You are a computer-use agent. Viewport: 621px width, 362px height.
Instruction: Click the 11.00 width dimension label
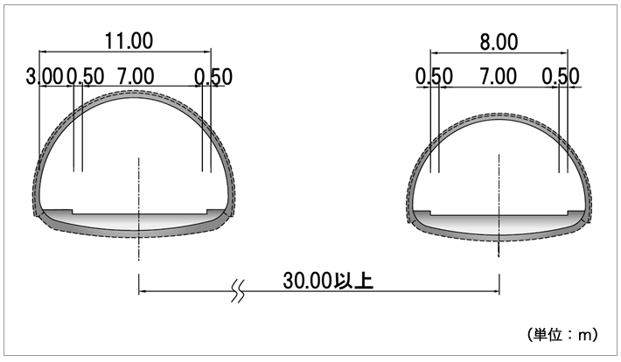click(129, 41)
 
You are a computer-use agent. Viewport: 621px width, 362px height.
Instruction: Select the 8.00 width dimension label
click(499, 42)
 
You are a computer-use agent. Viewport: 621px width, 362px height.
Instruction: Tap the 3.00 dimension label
click(45, 76)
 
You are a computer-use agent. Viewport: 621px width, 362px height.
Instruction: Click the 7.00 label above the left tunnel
click(136, 76)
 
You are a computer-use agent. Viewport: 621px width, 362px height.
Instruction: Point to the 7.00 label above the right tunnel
click(499, 76)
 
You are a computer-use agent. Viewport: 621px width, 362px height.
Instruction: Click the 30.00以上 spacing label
click(328, 281)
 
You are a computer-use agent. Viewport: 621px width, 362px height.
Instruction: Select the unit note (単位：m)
click(562, 335)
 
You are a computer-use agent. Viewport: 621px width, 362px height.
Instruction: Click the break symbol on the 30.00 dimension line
click(238, 291)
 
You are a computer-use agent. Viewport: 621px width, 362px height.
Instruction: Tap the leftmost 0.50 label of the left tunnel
click(86, 76)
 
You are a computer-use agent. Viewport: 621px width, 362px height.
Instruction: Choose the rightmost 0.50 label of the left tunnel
click(213, 77)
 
